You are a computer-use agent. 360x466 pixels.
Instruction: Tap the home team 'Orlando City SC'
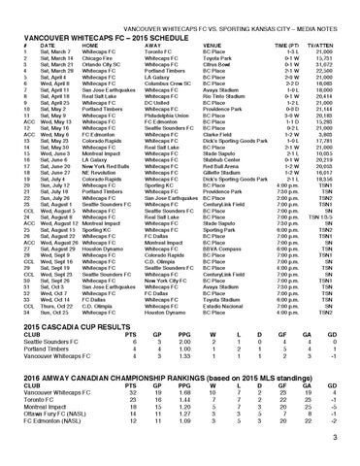tap(86, 61)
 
